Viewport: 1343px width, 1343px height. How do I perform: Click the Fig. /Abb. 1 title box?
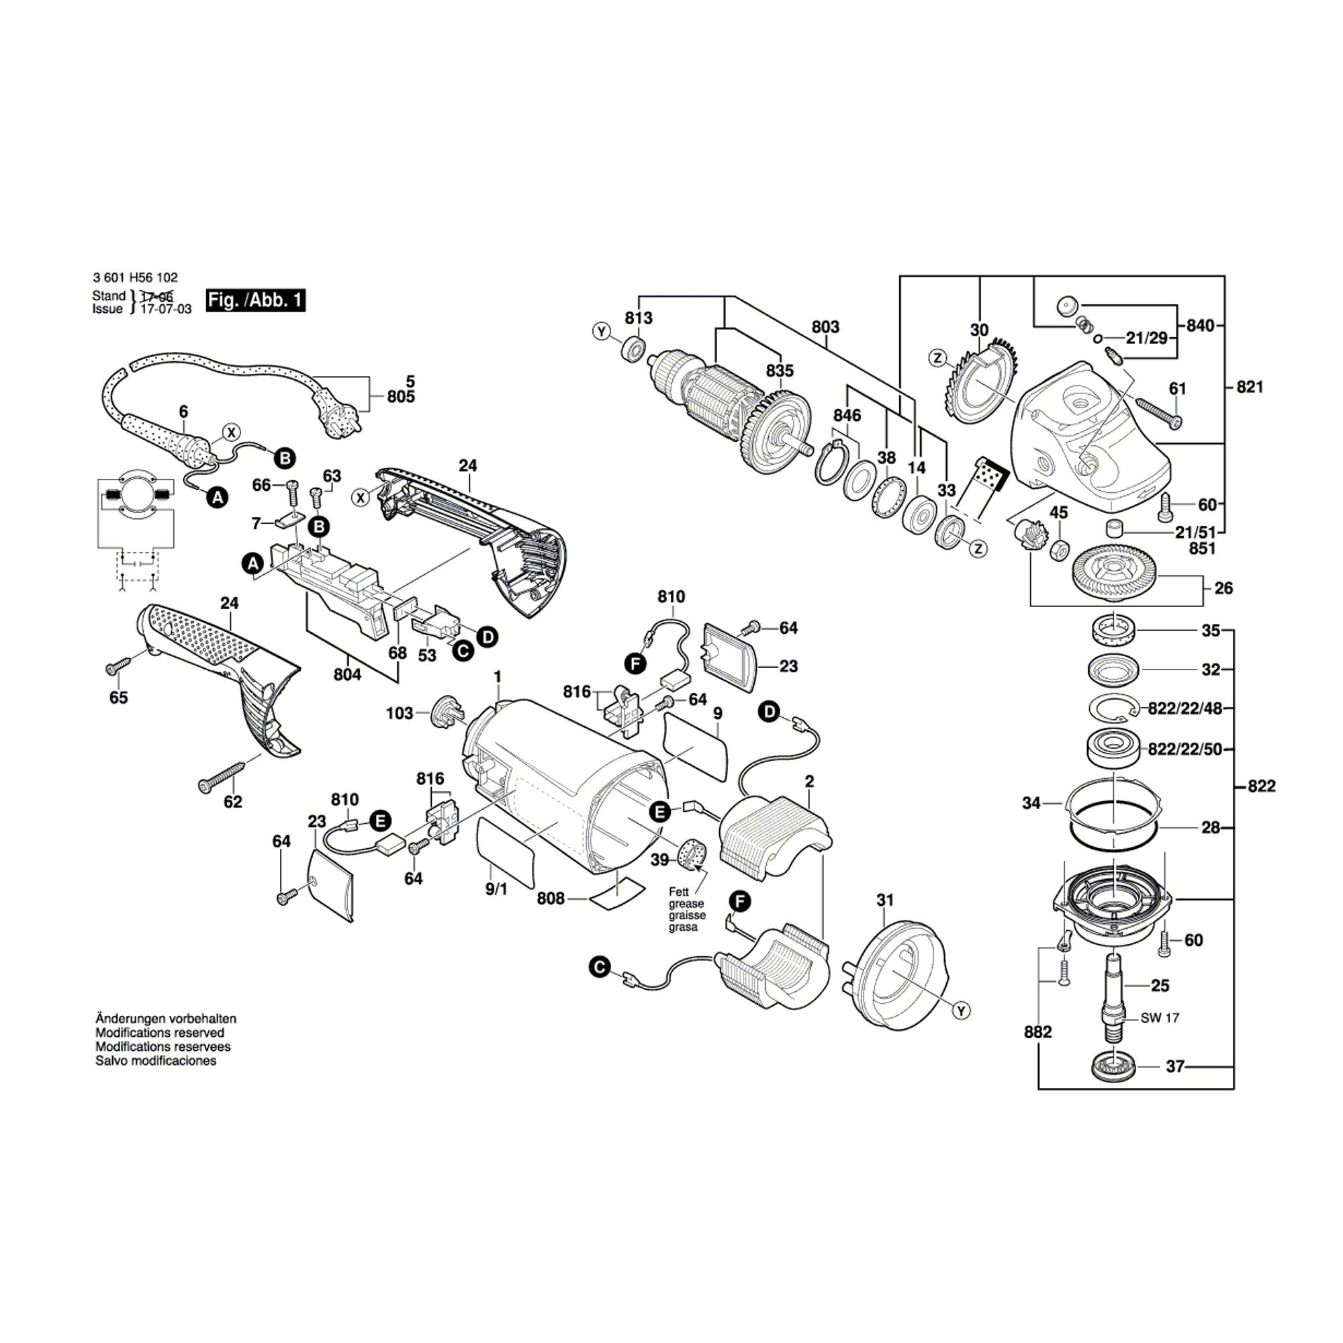click(x=255, y=300)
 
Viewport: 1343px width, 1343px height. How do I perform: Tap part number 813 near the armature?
click(x=638, y=318)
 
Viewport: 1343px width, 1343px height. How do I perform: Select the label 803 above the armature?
click(x=825, y=327)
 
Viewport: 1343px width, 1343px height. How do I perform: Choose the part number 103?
click(x=399, y=713)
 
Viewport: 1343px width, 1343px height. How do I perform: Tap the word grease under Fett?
click(x=686, y=904)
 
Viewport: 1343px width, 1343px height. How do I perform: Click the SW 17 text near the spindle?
click(x=1160, y=1019)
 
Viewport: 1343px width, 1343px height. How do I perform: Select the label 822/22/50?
click(x=1185, y=749)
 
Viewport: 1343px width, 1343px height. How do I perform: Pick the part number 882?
click(x=1038, y=1052)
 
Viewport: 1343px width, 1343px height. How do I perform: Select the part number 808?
click(x=551, y=899)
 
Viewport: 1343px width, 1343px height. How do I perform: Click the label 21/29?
click(x=1146, y=338)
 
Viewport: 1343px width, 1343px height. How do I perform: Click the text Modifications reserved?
click(x=160, y=1033)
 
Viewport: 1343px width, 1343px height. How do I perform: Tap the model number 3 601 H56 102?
click(x=135, y=277)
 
